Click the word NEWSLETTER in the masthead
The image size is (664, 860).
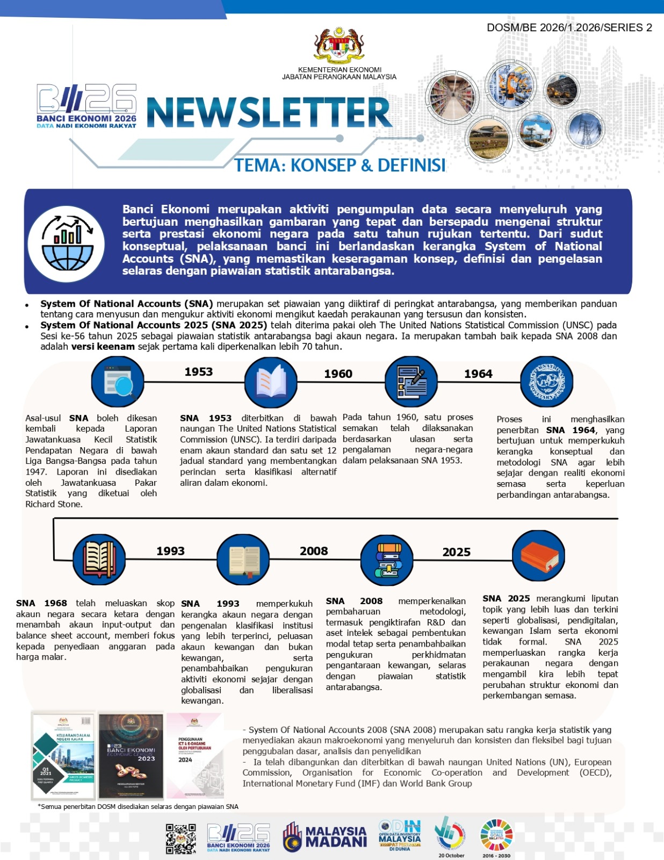(x=269, y=113)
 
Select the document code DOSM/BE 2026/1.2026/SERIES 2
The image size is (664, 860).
(x=569, y=28)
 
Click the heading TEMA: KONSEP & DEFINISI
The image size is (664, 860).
(x=340, y=165)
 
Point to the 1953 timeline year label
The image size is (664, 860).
(x=198, y=372)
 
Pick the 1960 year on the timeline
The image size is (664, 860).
(x=338, y=374)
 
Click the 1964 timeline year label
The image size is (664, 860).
(x=478, y=374)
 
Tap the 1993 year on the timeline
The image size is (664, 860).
(x=170, y=551)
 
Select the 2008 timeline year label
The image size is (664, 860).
(x=314, y=551)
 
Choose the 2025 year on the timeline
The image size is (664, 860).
(x=456, y=553)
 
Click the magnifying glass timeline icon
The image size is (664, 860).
(x=118, y=382)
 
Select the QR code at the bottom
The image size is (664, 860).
(x=181, y=838)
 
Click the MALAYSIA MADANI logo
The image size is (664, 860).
(x=325, y=837)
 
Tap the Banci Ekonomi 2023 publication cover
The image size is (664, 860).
(x=131, y=756)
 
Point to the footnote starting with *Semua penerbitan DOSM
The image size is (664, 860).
(x=138, y=806)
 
